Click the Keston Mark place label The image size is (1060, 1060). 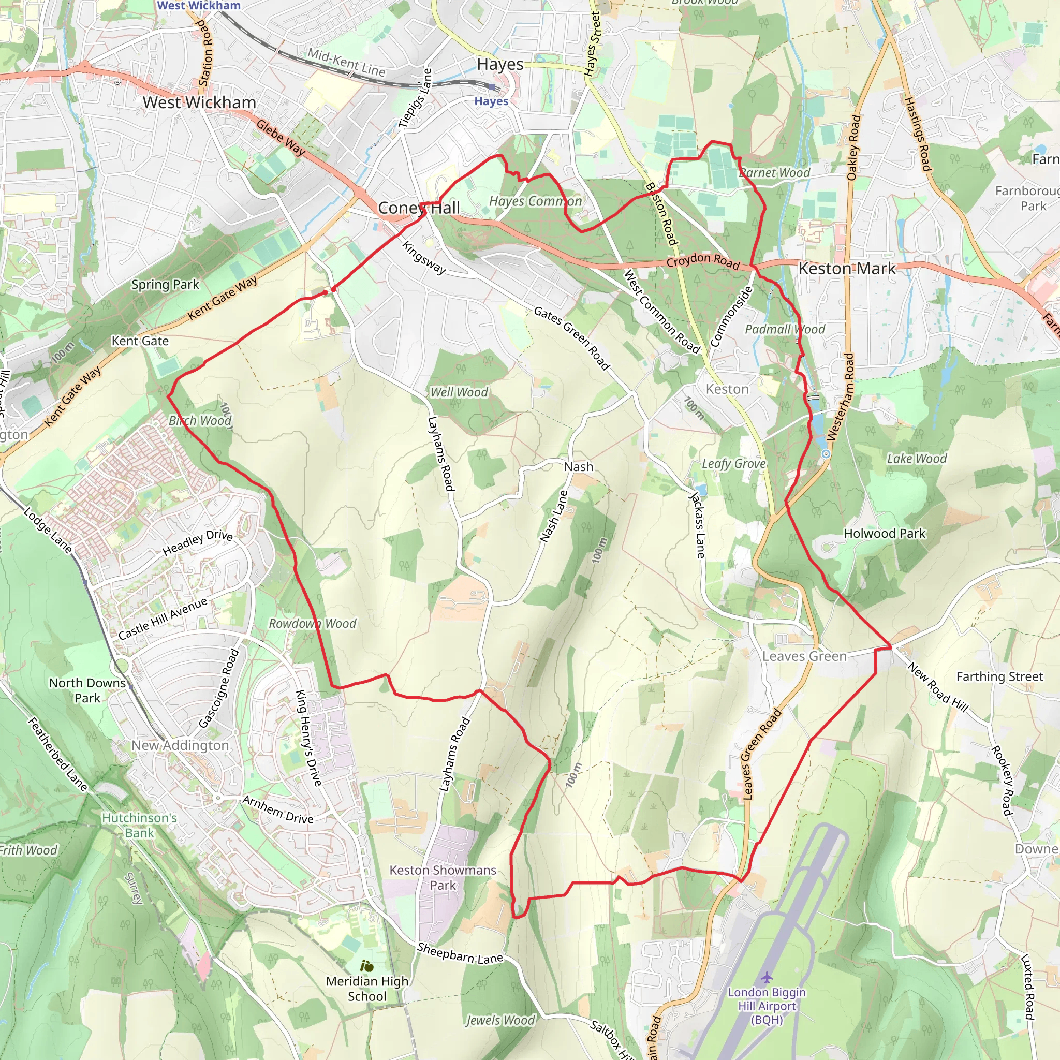coord(847,268)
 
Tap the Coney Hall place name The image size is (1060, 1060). coord(419,208)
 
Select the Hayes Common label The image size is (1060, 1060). coord(535,201)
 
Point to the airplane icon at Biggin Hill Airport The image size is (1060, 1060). coord(767,977)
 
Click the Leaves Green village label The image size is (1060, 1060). coord(804,656)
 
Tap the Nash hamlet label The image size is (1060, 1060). coord(578,466)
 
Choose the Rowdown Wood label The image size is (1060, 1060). coord(312,623)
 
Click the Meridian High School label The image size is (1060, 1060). coord(367,988)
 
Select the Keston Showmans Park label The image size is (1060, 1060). coord(443,877)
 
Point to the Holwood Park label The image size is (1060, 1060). coord(885,533)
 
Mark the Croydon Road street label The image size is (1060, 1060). coord(703,261)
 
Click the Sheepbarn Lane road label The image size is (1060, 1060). coord(460,953)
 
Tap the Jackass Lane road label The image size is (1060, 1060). coord(697,525)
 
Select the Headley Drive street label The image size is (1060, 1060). coord(198,542)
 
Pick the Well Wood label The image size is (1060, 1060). coord(459,392)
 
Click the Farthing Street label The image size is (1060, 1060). coord(999,676)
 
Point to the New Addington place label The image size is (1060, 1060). coord(180,745)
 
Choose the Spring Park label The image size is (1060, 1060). coord(165,284)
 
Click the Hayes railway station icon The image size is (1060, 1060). coord(492,87)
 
